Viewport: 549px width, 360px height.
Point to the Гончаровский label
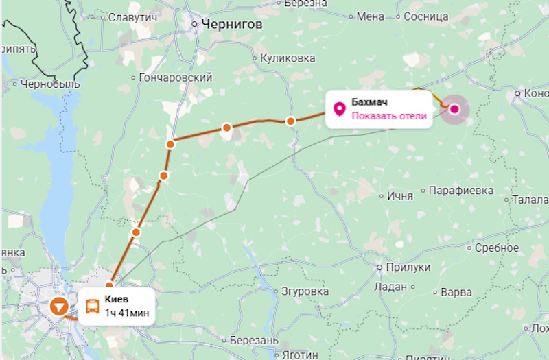pos(176,78)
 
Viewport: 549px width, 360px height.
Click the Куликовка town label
pos(288,58)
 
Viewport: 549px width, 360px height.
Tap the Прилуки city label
pos(407,267)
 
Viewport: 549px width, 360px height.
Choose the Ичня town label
pos(399,196)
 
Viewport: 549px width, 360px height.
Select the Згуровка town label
pos(305,291)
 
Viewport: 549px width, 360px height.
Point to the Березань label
pos(254,341)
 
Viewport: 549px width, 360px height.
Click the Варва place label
pos(456,292)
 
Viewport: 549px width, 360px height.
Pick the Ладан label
pos(391,287)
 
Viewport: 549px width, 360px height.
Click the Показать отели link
pos(389,115)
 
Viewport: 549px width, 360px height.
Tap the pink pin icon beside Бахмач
pos(339,109)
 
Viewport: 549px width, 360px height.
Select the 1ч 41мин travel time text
pos(127,313)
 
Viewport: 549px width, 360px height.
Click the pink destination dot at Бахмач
pos(454,108)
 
